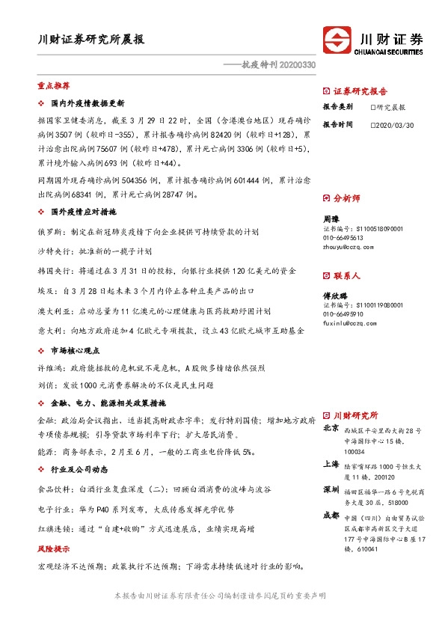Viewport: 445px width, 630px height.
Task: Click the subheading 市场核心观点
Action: (x=77, y=350)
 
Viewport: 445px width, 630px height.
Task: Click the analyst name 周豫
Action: (x=331, y=218)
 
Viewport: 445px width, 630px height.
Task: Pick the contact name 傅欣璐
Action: (x=335, y=296)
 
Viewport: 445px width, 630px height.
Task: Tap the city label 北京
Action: (x=331, y=429)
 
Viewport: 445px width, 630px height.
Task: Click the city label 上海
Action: (x=331, y=464)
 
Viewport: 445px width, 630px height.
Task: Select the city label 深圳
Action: (x=331, y=489)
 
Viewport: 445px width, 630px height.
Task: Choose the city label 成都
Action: (x=331, y=516)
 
